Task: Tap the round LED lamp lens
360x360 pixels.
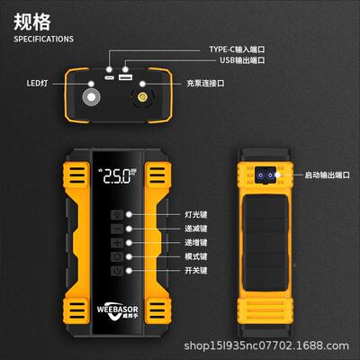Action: click(91, 94)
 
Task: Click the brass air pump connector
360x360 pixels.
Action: click(144, 93)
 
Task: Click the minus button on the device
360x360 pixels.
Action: click(117, 229)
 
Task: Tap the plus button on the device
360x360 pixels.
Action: click(117, 242)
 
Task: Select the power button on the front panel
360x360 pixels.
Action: click(117, 270)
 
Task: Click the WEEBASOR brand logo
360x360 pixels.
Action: click(118, 305)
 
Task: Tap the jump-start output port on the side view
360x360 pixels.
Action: click(266, 174)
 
